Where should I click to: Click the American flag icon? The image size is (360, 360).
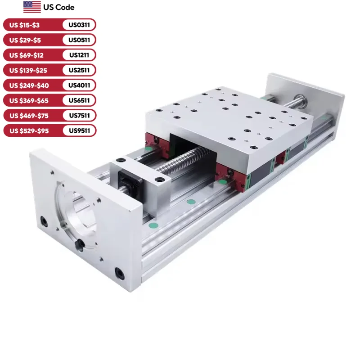(32, 7)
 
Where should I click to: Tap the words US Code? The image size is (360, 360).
(59, 7)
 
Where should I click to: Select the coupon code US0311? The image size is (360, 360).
(79, 25)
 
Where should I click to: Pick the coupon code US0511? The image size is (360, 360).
(79, 40)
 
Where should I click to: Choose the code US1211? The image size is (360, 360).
(79, 55)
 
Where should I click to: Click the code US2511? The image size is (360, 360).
(79, 70)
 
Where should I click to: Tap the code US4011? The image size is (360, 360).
(79, 85)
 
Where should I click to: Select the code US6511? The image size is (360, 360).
(79, 100)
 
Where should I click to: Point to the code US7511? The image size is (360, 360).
(79, 116)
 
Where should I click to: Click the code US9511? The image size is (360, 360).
(79, 130)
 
